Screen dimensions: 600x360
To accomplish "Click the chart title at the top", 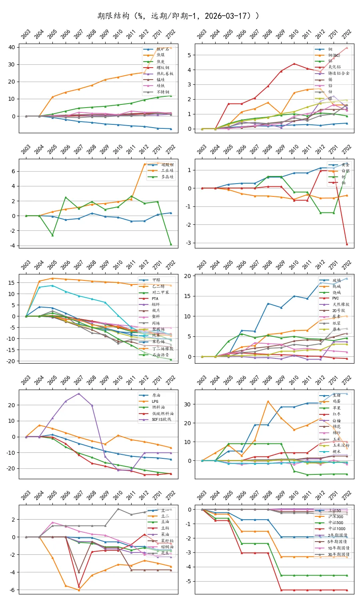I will click(x=178, y=16).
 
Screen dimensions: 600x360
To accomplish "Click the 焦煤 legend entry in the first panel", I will click(x=160, y=55).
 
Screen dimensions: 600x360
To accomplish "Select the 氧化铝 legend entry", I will click(x=335, y=67).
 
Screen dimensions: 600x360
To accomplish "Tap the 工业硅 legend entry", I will click(x=167, y=171).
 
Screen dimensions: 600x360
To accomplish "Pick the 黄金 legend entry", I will click(x=345, y=165).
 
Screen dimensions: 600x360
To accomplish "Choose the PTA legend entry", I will click(x=155, y=298).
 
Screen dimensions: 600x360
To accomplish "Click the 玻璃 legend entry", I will click(x=337, y=280).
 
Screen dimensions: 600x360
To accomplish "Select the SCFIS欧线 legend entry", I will click(x=161, y=420).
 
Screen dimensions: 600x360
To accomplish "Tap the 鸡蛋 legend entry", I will click(x=337, y=401).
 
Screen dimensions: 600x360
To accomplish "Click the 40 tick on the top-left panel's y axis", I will click(x=12, y=47).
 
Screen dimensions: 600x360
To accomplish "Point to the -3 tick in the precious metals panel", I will click(x=188, y=243).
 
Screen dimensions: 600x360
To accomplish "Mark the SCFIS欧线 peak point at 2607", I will click(x=79, y=394).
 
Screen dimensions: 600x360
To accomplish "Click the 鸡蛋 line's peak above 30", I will click(x=268, y=401).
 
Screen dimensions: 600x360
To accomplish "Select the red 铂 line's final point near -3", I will click(x=347, y=244).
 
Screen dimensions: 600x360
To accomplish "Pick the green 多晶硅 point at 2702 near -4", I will click(x=171, y=244).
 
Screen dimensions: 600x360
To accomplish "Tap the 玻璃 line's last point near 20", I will click(x=347, y=278).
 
